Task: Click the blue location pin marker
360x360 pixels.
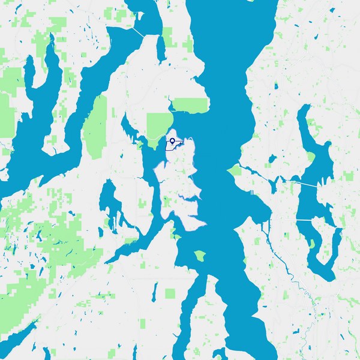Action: (173, 141)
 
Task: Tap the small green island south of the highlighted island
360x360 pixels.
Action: (199, 256)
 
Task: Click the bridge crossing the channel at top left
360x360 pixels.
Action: (139, 32)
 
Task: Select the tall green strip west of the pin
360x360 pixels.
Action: (95, 135)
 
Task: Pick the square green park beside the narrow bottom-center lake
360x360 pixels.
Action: (170, 293)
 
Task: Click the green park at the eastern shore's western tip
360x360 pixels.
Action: (234, 171)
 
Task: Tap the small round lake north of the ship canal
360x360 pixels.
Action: (272, 160)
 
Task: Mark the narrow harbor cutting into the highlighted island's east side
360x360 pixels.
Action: (191, 199)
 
